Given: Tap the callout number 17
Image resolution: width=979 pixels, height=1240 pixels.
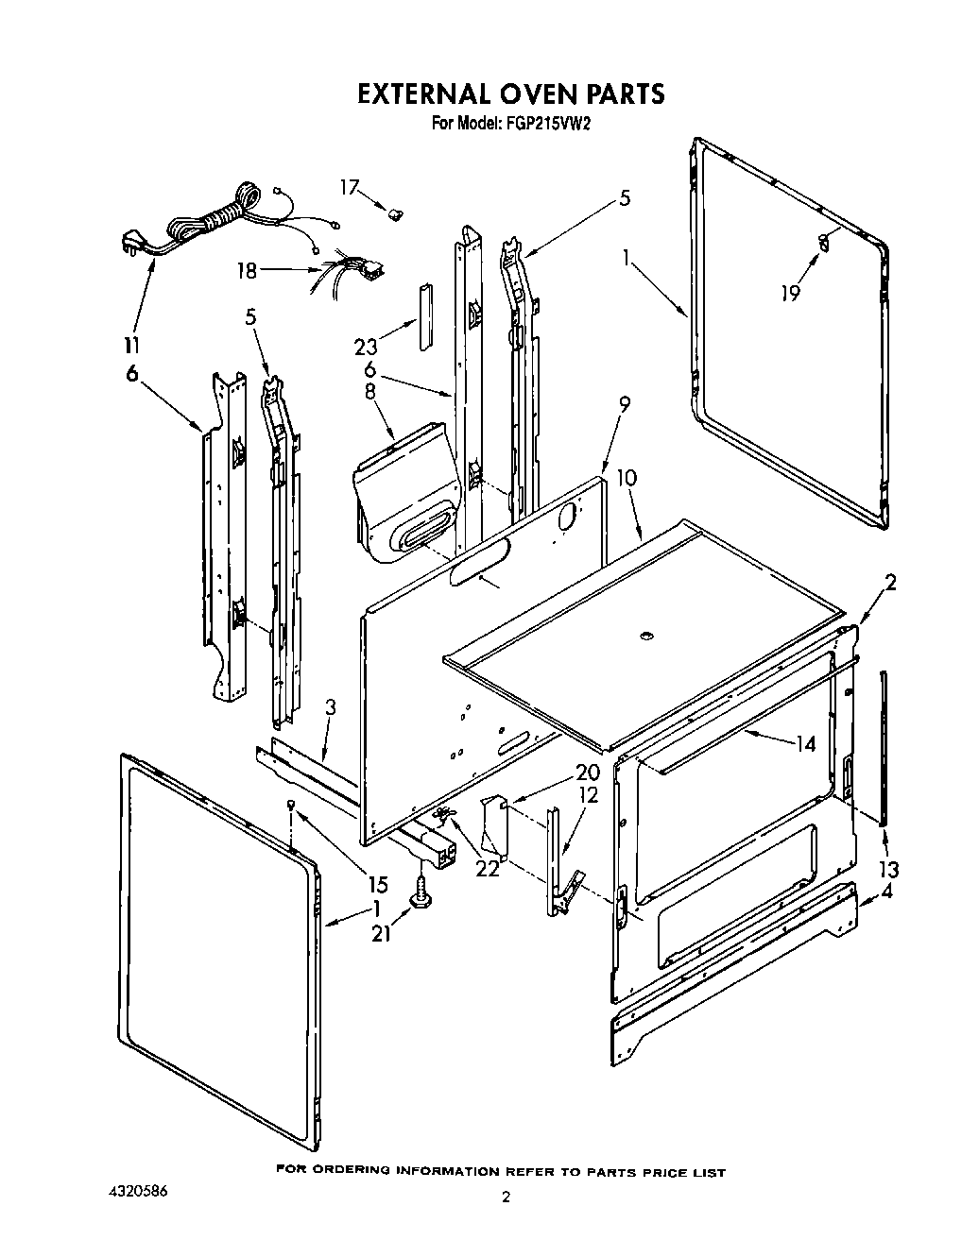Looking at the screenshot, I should (x=350, y=188).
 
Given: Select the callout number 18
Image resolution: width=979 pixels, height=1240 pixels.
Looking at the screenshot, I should (x=248, y=271).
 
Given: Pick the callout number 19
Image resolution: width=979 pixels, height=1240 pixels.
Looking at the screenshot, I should (x=790, y=293).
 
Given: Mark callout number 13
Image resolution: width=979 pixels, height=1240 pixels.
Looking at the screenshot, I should (x=888, y=869).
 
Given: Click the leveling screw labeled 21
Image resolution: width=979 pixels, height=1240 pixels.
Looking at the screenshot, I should (x=418, y=889).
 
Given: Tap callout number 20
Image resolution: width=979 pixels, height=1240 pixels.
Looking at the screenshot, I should (x=587, y=772).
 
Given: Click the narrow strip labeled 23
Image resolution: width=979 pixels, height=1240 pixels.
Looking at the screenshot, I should (x=426, y=313).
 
